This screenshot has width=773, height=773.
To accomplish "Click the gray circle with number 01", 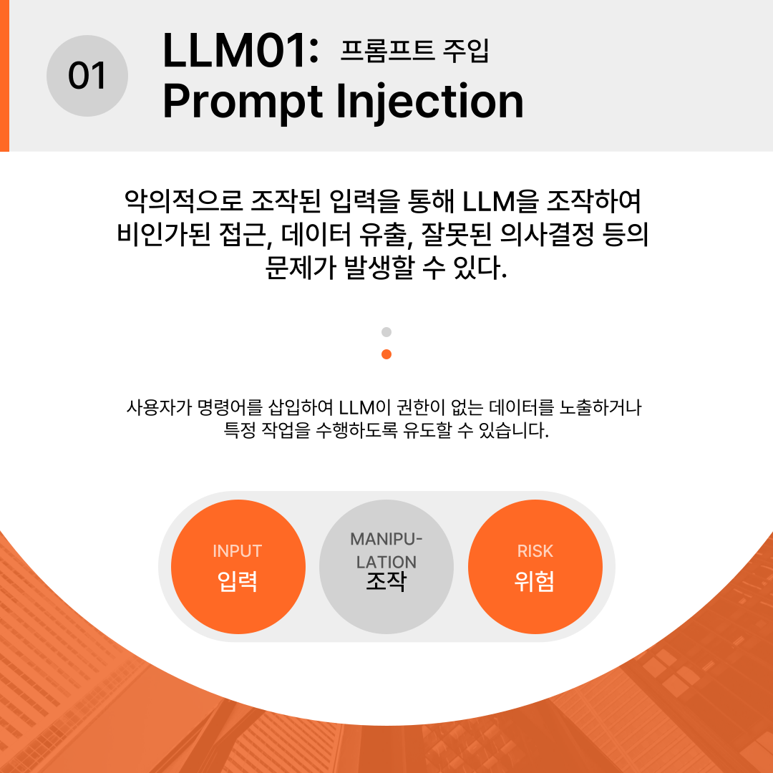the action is tap(87, 76).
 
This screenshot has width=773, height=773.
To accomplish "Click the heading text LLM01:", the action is tap(240, 50).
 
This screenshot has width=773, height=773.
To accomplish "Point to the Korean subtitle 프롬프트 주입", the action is tap(414, 50).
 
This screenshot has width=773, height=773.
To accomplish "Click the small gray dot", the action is tap(386, 332).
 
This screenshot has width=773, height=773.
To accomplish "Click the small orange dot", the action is tap(386, 354).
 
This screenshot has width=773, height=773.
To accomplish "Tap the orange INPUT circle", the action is tap(238, 566).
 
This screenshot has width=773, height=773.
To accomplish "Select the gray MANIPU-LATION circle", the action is tap(386, 566).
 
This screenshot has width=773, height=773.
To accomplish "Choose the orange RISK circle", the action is tap(535, 566).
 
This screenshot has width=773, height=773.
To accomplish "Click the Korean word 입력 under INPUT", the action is tap(238, 581).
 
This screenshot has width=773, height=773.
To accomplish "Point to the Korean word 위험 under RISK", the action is tap(535, 581).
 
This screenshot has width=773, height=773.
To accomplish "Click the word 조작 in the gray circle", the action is tap(386, 581).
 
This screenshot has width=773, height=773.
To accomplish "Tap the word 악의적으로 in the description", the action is tap(183, 201).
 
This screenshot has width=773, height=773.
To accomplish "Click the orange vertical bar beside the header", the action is tap(4, 75).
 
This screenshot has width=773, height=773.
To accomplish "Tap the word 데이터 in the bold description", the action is tap(316, 234).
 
